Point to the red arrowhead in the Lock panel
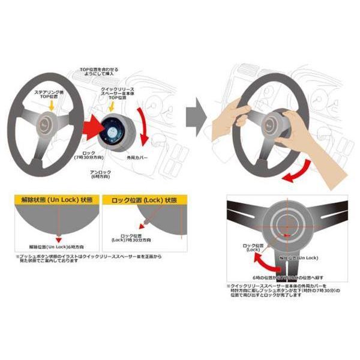pyautogui.click(x=124, y=230)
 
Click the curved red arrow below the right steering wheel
pyautogui.click(x=298, y=173)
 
